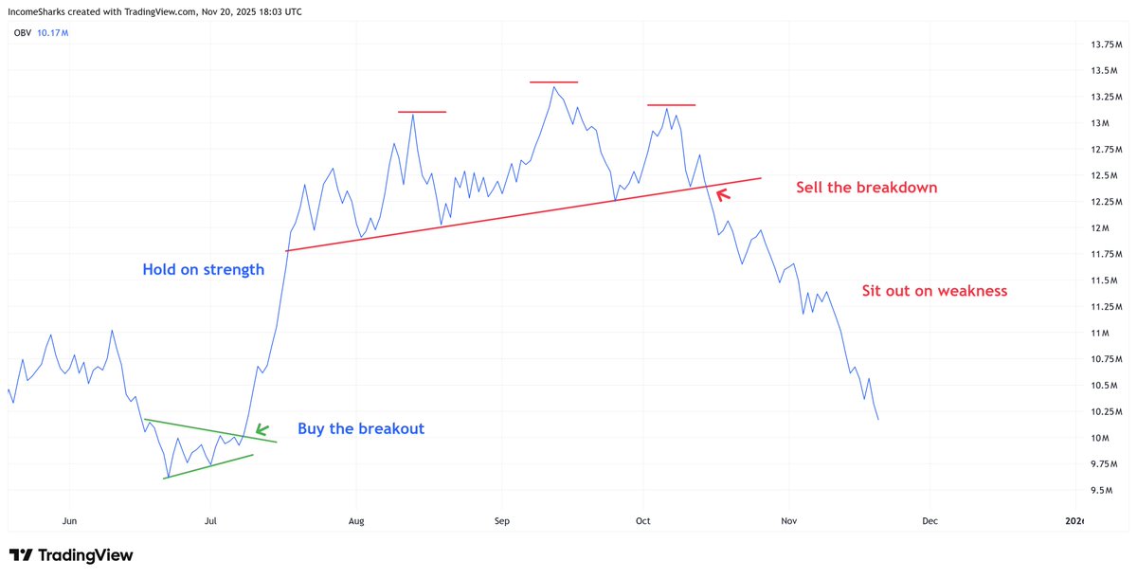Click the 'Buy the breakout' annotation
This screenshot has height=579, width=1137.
click(x=361, y=428)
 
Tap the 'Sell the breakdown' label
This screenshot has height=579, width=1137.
click(x=865, y=188)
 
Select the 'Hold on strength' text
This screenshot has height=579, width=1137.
click(x=203, y=270)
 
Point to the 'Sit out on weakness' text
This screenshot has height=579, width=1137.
click(x=933, y=291)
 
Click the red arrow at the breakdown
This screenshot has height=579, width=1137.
click(x=723, y=194)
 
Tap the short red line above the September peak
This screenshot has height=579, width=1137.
click(x=553, y=82)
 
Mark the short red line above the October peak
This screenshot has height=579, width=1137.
click(x=671, y=104)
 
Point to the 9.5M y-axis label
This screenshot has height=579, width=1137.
click(x=1100, y=490)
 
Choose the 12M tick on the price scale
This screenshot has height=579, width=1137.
click(x=1098, y=228)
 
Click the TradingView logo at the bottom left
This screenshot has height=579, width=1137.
click(x=71, y=555)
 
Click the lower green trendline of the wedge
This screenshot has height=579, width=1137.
click(x=208, y=466)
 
